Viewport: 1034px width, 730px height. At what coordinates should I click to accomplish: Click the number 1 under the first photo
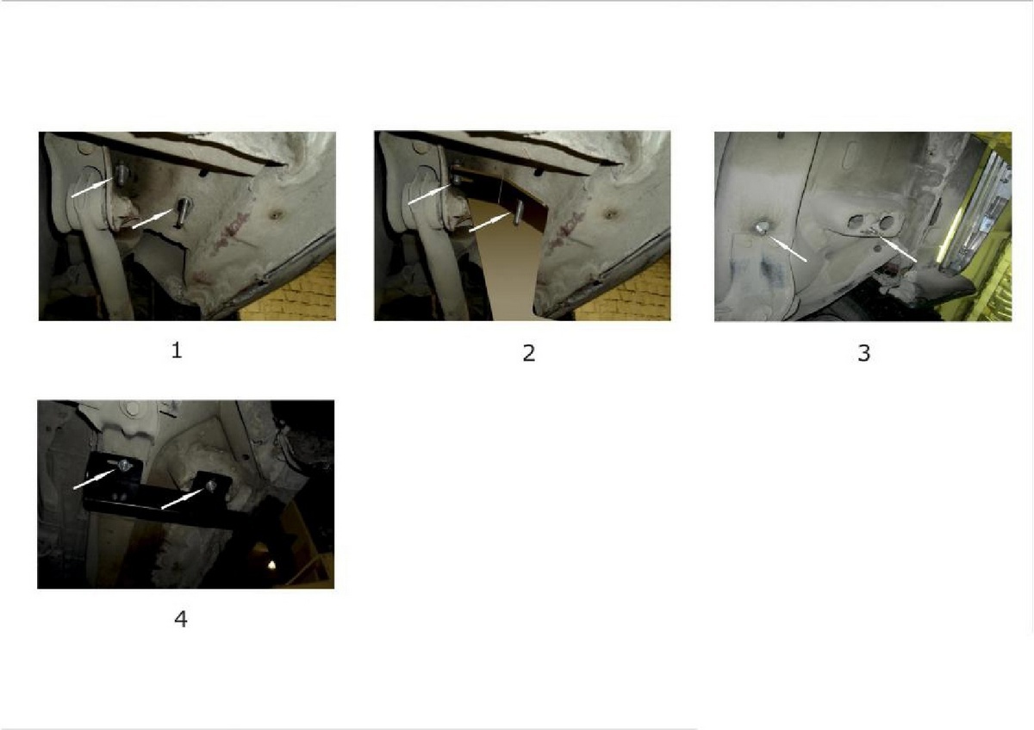pos(177,350)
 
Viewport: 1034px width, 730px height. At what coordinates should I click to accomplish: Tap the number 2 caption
pos(529,353)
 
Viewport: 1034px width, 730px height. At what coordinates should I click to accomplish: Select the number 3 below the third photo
pos(863,353)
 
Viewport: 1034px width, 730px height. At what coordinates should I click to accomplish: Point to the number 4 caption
pos(181,619)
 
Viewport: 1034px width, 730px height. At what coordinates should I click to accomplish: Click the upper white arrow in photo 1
pos(92,188)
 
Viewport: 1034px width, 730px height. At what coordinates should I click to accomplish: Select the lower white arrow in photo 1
pos(153,219)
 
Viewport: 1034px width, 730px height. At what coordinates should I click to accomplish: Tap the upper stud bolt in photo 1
pos(121,174)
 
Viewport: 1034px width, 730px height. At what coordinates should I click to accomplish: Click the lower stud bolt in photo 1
pos(182,211)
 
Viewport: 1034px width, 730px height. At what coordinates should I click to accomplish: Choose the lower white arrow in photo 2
pos(490,222)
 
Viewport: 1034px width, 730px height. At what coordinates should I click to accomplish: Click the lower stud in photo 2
pos(519,212)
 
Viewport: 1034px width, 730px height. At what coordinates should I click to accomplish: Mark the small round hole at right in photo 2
pos(612,214)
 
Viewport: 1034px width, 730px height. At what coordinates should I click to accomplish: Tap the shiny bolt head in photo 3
pos(760,227)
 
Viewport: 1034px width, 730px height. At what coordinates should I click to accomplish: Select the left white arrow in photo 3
pos(787,249)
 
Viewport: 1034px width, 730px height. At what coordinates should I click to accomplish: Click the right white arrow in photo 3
pos(897,249)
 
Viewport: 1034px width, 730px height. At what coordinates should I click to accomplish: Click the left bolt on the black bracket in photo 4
pos(124,466)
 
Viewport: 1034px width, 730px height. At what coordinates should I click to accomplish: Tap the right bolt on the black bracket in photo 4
pos(211,486)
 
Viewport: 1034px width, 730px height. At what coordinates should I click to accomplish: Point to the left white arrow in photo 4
pos(95,479)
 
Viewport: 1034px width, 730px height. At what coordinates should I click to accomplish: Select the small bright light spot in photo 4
pos(271,564)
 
